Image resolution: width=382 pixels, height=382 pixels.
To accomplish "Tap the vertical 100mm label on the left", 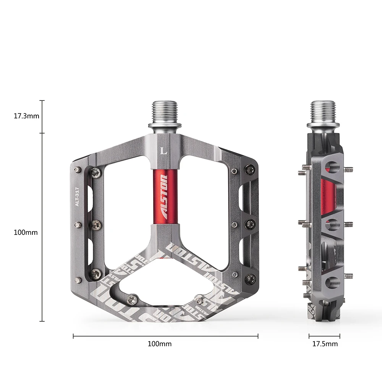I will [x=26, y=232].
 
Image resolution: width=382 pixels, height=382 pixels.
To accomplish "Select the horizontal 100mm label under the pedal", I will [x=160, y=344].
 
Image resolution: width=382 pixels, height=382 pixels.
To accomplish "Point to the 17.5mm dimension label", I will [x=325, y=344].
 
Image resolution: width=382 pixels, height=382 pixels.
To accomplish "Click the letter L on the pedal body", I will [x=165, y=150].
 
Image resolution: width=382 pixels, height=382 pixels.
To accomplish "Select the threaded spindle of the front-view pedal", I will [x=165, y=112].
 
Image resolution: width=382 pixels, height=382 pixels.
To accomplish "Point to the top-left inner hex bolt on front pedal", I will [x=96, y=173].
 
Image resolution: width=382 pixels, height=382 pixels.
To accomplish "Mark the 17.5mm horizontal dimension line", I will [x=324, y=336].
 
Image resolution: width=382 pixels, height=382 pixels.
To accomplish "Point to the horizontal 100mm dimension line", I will [x=165, y=336].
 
